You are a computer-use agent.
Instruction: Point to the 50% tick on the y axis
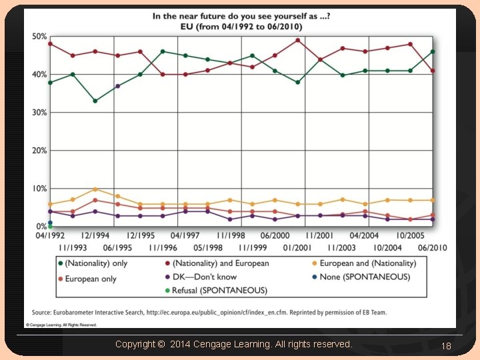coord(39,35)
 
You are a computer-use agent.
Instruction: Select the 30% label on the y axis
coord(39,113)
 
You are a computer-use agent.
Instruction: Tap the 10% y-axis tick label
coord(39,189)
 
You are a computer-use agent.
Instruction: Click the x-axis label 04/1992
coord(49,236)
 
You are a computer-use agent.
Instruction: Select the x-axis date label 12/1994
coord(95,236)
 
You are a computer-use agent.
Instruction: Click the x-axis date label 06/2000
coord(275,236)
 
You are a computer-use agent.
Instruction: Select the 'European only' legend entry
coord(90,278)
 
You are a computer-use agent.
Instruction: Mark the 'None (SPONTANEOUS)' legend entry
coord(364,277)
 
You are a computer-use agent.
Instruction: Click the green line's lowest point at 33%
coord(95,101)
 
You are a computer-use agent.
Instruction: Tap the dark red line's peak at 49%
coord(297,40)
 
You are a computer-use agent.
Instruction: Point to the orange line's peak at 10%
coord(95,189)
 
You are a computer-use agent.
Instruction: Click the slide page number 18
coord(446,345)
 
